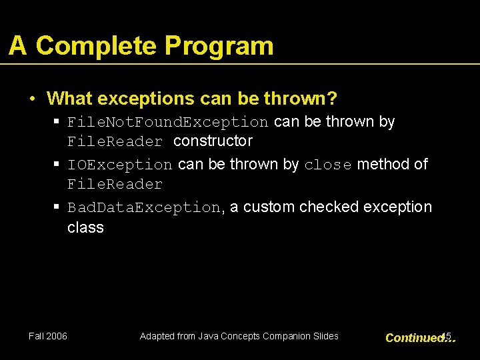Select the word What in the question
coord(69,99)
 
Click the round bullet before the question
coord(32,99)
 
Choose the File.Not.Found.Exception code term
coord(168,122)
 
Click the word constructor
coord(213,141)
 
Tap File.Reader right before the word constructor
coord(115,141)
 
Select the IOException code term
coord(120,165)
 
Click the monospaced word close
coord(327,165)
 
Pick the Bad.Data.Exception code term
coord(144,207)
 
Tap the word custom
coord(269,207)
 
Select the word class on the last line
coord(85,227)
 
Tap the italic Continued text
coord(415,338)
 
